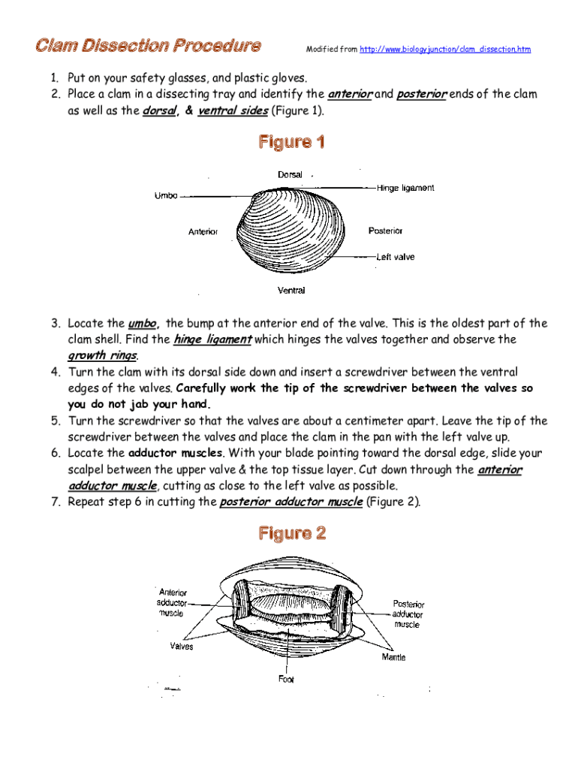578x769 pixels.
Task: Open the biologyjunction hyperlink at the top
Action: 445,50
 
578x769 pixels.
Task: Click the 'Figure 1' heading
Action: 292,142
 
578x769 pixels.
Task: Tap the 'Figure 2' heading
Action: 292,534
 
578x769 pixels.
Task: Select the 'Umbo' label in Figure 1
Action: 166,196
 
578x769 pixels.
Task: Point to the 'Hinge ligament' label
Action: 405,188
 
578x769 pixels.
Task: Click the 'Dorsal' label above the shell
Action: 290,175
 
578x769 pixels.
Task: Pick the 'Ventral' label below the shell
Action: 291,290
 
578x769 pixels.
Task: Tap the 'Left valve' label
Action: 395,257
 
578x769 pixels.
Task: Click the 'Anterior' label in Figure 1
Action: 203,232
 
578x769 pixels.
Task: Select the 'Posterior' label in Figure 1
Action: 386,231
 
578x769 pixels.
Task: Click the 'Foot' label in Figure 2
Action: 286,679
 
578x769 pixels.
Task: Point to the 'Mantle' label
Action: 393,658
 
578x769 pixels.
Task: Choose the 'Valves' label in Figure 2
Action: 181,646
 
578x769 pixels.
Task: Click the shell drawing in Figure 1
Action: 287,234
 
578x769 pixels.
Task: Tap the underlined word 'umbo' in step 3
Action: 143,324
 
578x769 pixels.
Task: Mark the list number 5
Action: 56,421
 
